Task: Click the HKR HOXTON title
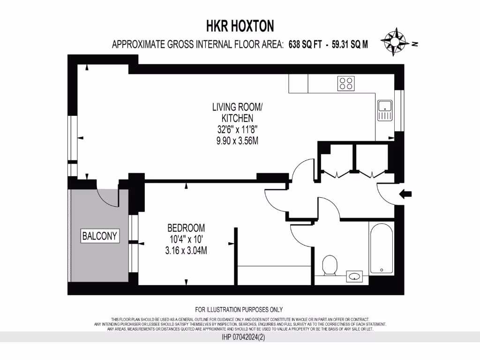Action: tap(240, 25)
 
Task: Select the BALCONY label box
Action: tap(100, 236)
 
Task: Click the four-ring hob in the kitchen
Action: tap(346, 83)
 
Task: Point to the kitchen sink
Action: tap(385, 111)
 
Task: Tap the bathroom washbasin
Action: tap(355, 277)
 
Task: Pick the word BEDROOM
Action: tap(186, 228)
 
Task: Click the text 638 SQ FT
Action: tap(305, 45)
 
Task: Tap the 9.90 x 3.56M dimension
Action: tap(237, 141)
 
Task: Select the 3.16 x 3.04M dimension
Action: tap(186, 251)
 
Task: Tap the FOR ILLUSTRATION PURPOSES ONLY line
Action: tap(239, 309)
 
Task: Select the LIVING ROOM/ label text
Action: tap(237, 107)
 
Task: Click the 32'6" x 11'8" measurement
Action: tap(237, 129)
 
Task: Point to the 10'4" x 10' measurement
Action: tap(186, 240)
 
